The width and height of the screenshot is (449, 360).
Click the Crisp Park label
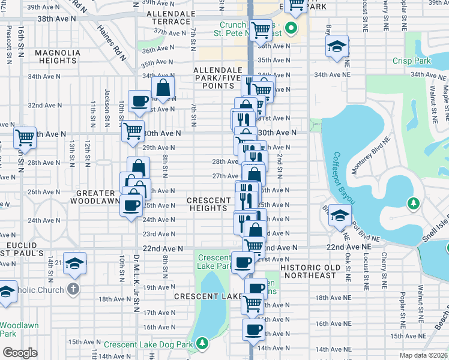[x=412, y=61]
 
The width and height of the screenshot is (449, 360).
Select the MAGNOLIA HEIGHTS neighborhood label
[x=58, y=57]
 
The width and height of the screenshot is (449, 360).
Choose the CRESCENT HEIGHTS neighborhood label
[x=209, y=204]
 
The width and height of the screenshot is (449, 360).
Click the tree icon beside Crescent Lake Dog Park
[x=203, y=343]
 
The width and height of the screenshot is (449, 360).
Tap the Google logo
[x=20, y=353]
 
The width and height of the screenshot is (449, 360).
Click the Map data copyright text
[x=423, y=355]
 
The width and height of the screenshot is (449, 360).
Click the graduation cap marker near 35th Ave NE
[x=337, y=46]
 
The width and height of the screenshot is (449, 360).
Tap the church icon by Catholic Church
[x=73, y=288]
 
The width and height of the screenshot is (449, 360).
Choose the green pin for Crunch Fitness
[x=292, y=29]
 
